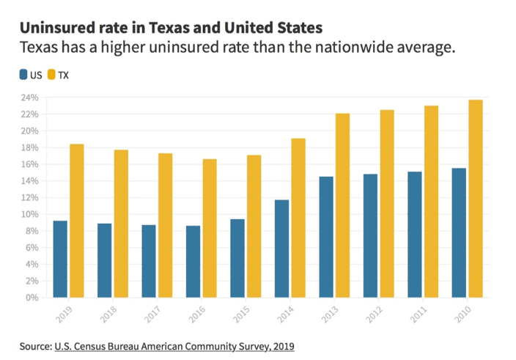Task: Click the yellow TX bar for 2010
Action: [476, 199]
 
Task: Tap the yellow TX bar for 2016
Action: [210, 228]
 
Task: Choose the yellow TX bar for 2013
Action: [343, 205]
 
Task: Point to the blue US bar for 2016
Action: [193, 261]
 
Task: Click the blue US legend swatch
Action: [23, 75]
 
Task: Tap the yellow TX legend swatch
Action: [51, 75]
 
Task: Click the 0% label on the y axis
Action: [32, 298]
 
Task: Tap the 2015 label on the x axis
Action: [240, 313]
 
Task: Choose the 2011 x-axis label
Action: [418, 313]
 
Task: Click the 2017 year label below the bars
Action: [152, 313]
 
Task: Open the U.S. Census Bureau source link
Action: [174, 345]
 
